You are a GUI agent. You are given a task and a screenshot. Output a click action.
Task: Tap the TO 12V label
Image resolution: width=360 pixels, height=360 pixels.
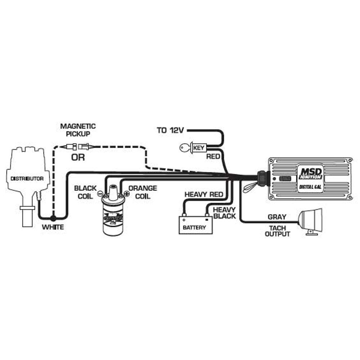(x=170, y=130)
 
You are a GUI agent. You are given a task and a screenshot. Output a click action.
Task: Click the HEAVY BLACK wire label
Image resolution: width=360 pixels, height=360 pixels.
(x=224, y=213)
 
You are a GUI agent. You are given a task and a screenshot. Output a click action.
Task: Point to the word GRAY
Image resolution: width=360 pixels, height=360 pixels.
(x=277, y=217)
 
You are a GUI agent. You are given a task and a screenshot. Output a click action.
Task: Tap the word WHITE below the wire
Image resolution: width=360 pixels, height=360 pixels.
(x=53, y=228)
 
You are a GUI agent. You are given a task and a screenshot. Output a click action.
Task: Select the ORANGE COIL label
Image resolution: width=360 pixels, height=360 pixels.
(x=143, y=192)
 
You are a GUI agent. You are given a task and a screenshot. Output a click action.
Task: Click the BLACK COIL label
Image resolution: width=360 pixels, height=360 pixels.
(x=85, y=192)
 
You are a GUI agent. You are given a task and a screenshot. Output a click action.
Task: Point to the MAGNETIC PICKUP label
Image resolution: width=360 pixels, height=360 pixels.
(x=78, y=130)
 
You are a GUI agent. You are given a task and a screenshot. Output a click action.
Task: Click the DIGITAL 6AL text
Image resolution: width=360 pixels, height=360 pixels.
(x=312, y=186)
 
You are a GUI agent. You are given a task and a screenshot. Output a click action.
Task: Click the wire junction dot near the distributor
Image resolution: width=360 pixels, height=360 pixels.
(x=53, y=218)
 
